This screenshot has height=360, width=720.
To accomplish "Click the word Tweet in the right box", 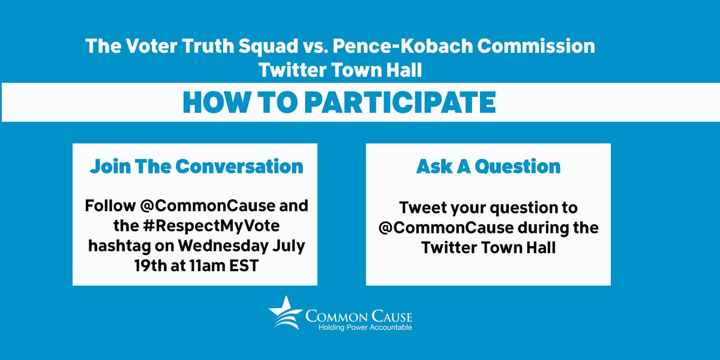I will point(421,208).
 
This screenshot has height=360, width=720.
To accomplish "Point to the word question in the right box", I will point(517,208).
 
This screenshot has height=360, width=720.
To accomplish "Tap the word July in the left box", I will point(291,246).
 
